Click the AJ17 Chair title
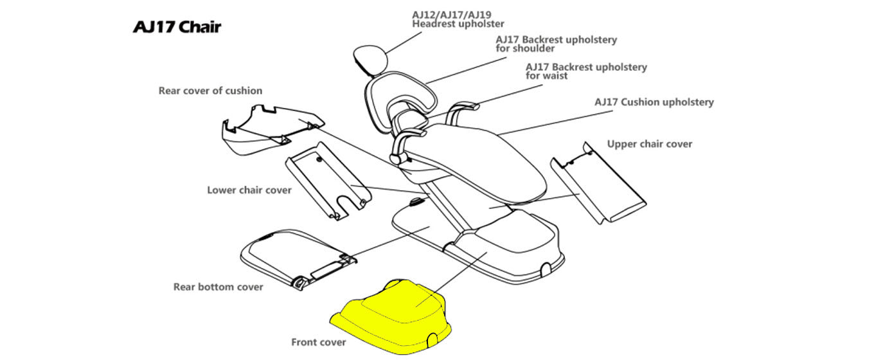[x=177, y=27]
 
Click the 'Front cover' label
[x=319, y=342]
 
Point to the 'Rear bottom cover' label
[x=218, y=287]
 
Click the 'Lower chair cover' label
[x=249, y=190]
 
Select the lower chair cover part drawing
[x=328, y=183]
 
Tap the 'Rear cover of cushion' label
[x=210, y=91]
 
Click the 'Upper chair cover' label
[x=650, y=144]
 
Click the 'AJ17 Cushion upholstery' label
[x=654, y=102]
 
